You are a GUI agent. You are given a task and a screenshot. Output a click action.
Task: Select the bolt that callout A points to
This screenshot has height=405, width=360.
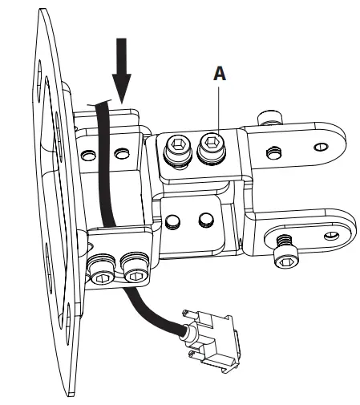point(214,146)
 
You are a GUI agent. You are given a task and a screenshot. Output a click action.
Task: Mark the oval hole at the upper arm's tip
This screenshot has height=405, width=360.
point(321,147)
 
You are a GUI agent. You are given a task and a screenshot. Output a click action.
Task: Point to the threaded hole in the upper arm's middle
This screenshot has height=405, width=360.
point(274,149)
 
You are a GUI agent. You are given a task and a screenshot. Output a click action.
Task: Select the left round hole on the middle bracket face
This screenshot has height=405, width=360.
point(175,221)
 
